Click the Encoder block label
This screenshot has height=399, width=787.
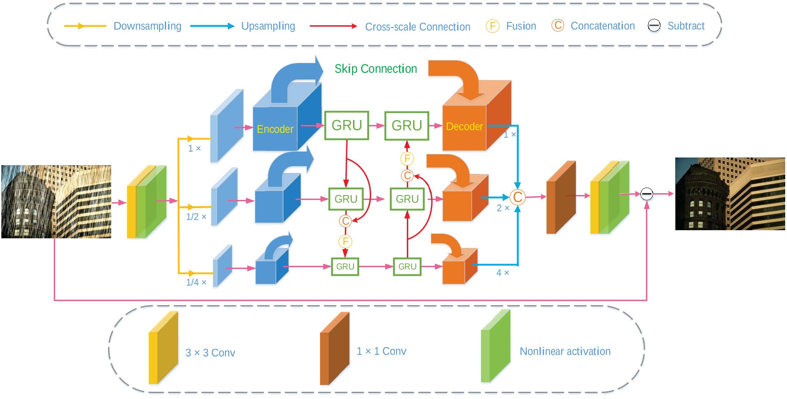pyautogui.click(x=275, y=129)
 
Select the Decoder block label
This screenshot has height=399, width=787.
pyautogui.click(x=464, y=126)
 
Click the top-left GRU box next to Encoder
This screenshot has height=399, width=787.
pyautogui.click(x=347, y=125)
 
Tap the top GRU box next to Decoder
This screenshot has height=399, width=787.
pyautogui.click(x=406, y=125)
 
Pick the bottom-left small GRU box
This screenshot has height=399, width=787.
pyautogui.click(x=345, y=266)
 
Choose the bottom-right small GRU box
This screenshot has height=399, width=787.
pyautogui.click(x=407, y=266)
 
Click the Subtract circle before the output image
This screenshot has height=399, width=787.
pyautogui.click(x=647, y=194)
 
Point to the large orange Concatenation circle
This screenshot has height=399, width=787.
pyautogui.click(x=518, y=197)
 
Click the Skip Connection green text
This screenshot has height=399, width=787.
pyautogui.click(x=376, y=69)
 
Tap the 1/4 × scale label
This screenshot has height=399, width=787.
pyautogui.click(x=196, y=282)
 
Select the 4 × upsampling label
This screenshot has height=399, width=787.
pyautogui.click(x=503, y=273)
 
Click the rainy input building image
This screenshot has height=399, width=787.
pyautogui.click(x=57, y=201)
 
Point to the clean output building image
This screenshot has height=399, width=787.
pyautogui.click(x=730, y=194)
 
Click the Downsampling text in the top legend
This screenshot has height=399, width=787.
pyautogui.click(x=147, y=26)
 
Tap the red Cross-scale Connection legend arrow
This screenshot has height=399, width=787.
pyautogui.click(x=333, y=26)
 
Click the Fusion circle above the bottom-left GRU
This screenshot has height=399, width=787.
pyautogui.click(x=345, y=241)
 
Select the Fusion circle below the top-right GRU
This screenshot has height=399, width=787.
pyautogui.click(x=407, y=158)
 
